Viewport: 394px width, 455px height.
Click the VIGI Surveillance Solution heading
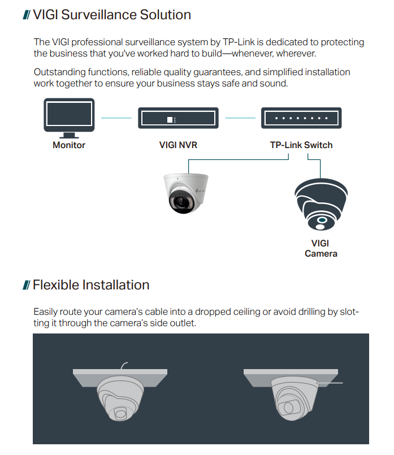(x=112, y=15)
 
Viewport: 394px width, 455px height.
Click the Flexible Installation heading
(x=91, y=284)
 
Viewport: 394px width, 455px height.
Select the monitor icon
(x=69, y=118)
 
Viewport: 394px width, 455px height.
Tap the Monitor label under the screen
(x=69, y=145)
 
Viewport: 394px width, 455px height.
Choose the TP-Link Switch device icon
(x=301, y=119)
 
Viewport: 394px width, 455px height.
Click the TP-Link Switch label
(x=301, y=145)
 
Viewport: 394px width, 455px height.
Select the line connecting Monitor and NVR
(x=116, y=118)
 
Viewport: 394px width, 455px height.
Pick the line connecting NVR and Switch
(x=240, y=118)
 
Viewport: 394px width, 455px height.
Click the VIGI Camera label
(x=321, y=249)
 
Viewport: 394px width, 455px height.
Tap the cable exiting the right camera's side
(x=334, y=383)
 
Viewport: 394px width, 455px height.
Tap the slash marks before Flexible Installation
(x=26, y=285)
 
